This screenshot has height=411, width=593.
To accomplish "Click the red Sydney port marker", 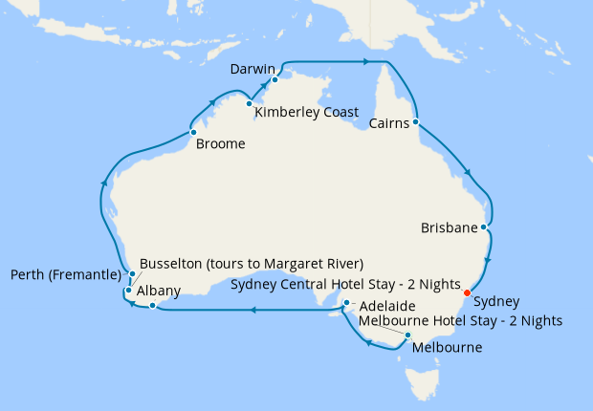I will [x=467, y=292].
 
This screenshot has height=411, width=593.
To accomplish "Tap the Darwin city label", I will [x=253, y=70].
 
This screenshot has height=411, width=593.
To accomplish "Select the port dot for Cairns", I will [x=416, y=121].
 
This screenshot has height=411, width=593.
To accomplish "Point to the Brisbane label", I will [x=449, y=228].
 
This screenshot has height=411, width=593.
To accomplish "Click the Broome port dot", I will [x=193, y=132].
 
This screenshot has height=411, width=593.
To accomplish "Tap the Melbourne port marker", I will [x=408, y=335].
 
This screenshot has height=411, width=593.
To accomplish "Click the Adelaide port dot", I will [x=346, y=304].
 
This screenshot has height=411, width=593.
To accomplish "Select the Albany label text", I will [x=159, y=290].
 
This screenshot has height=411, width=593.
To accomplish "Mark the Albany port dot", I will [x=151, y=306].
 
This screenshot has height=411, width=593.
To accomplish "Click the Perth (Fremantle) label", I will [x=67, y=275].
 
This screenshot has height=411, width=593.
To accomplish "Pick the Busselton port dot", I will [x=128, y=290].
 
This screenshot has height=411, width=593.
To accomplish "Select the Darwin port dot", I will [x=275, y=80].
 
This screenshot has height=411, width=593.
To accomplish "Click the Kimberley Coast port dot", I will [x=249, y=103].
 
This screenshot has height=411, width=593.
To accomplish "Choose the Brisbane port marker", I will [x=485, y=228].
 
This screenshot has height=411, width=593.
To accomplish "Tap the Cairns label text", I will [x=389, y=122].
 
